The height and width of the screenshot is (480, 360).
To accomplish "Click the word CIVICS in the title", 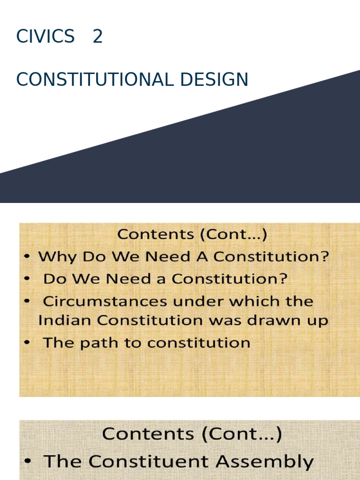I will (45, 37).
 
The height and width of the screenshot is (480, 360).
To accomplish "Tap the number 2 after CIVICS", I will (97, 37).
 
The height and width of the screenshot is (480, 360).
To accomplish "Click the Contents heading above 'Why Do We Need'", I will (192, 234).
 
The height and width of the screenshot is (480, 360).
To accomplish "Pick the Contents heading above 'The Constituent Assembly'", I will (192, 434).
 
